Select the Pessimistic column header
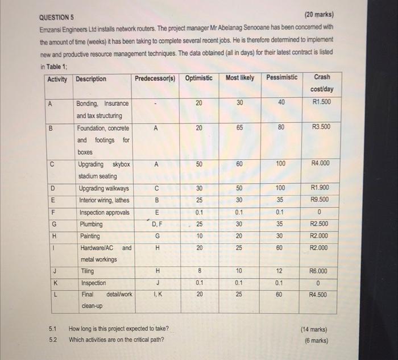(281, 77)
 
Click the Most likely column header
(240, 77)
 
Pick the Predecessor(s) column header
(155, 78)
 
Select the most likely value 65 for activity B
(240, 128)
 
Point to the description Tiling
(86, 271)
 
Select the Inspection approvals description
(103, 212)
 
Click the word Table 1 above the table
(59, 65)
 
